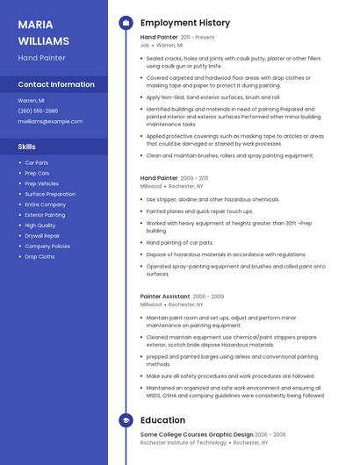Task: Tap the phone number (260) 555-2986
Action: [x=38, y=111]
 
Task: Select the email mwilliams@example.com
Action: [x=50, y=121]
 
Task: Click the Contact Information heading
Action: [x=56, y=84]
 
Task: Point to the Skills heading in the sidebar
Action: [x=26, y=147]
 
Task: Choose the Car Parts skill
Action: [x=36, y=163]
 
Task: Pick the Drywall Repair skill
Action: [x=42, y=236]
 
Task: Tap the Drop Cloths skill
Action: [x=40, y=257]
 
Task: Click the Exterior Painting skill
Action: [x=45, y=215]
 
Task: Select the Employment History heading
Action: [x=184, y=23]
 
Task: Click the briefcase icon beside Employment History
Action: [x=126, y=23]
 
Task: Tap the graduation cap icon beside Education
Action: [x=126, y=420]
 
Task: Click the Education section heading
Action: [x=162, y=420]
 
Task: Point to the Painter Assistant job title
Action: [x=165, y=297]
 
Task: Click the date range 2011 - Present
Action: [x=198, y=38]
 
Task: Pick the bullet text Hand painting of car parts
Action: [x=179, y=242]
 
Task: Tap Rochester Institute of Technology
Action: [x=183, y=443]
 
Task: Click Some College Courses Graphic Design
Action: [x=197, y=434]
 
